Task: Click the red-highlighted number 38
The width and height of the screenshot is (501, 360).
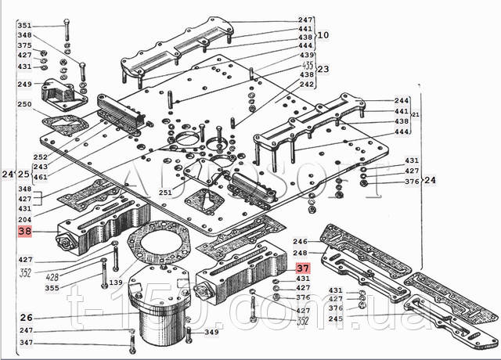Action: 25,232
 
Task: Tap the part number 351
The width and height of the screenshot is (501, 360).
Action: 25,25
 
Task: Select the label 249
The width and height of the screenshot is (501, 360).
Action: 25,84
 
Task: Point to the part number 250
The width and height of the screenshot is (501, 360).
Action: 25,104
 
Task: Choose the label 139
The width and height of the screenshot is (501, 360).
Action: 117,282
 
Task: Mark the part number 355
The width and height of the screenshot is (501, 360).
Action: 51,289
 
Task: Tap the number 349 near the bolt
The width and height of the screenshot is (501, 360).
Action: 211,333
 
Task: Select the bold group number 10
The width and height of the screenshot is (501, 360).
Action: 323,34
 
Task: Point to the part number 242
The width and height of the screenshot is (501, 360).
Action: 306,85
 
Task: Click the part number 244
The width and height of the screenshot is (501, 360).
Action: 402,102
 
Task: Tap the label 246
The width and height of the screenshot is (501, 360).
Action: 301,242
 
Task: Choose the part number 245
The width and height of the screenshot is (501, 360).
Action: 335,319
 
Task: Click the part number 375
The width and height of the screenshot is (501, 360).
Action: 25,45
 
